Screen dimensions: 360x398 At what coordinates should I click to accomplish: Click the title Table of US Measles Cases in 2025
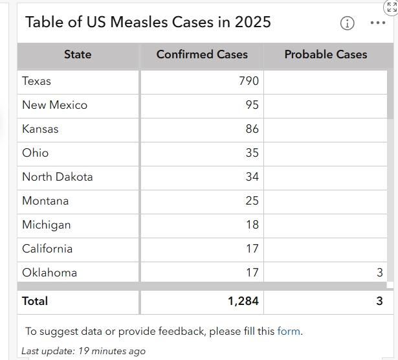(148, 22)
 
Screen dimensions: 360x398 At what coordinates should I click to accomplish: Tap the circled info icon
(347, 23)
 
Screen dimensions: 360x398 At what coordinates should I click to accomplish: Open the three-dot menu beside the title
(377, 23)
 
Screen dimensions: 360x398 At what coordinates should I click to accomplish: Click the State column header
(78, 55)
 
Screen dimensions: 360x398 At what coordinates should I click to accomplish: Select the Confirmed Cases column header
(202, 55)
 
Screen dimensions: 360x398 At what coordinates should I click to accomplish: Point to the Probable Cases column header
(326, 55)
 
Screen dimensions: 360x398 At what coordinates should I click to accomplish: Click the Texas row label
(36, 81)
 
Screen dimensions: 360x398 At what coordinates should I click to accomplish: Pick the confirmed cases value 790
(249, 81)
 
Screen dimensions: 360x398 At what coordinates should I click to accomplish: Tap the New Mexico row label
(54, 105)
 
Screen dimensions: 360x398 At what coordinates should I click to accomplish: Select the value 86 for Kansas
(252, 129)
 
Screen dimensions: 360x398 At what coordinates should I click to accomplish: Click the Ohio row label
(35, 153)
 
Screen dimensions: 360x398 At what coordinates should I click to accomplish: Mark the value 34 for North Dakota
(252, 177)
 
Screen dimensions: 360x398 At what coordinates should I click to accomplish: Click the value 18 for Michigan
(252, 225)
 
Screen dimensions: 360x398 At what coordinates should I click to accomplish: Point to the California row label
(47, 249)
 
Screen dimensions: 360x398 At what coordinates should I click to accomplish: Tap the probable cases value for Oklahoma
(380, 273)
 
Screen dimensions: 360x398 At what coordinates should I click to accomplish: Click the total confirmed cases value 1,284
(243, 301)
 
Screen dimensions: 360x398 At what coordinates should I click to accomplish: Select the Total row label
(35, 301)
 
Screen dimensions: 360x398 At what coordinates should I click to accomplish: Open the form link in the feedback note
(289, 332)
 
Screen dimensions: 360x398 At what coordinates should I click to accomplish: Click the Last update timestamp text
(83, 351)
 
